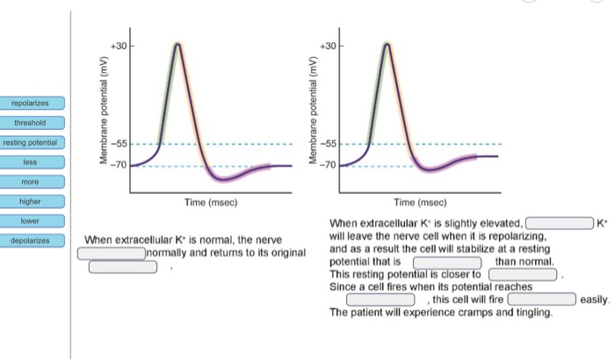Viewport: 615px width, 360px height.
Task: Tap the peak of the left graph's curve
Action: (x=178, y=44)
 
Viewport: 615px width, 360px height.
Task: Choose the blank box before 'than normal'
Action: (x=447, y=262)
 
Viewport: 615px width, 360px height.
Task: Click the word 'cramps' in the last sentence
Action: (x=472, y=313)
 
